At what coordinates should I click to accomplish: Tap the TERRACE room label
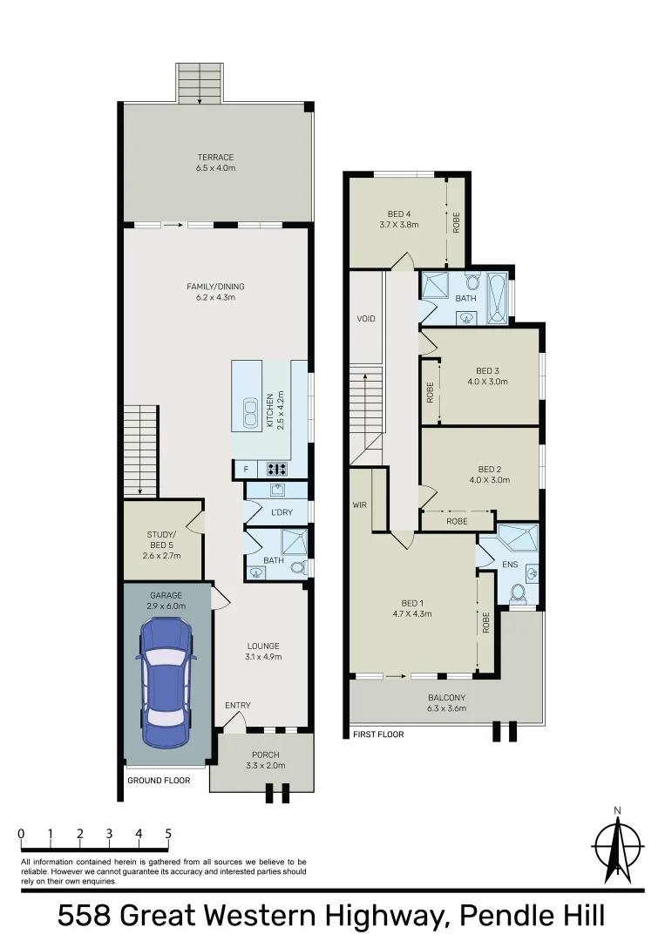click(215, 158)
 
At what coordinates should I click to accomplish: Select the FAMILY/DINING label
click(215, 287)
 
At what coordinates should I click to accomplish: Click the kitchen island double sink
click(250, 414)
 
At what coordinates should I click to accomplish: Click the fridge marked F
click(247, 470)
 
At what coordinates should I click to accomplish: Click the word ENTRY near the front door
click(237, 706)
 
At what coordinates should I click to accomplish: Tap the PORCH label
click(265, 755)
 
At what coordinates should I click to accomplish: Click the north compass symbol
click(617, 845)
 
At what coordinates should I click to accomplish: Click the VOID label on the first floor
click(366, 319)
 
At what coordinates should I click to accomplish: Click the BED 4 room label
click(399, 213)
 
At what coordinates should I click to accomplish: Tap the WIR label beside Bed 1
click(359, 504)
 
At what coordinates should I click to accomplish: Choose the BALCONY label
click(446, 697)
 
